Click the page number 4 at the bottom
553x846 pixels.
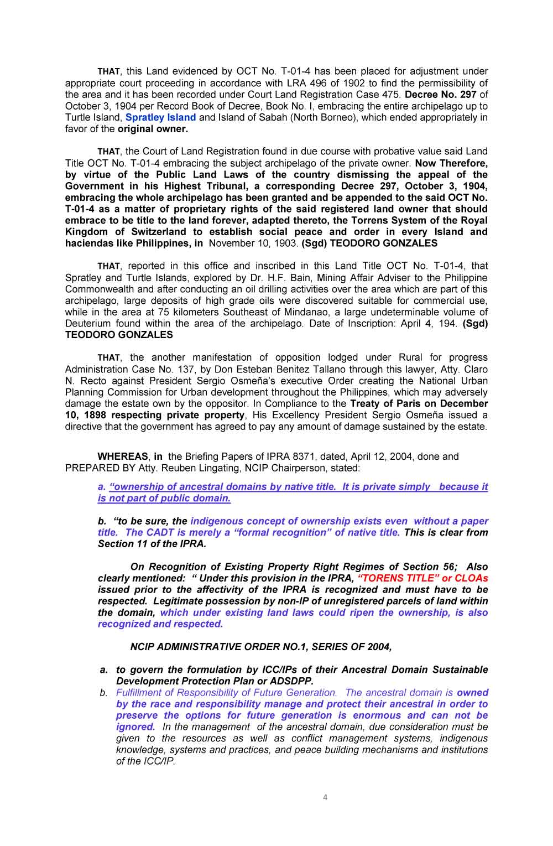325,797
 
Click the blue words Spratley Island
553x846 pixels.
160,117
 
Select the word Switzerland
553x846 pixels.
159,232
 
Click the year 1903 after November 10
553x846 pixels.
285,243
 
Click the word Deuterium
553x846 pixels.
89,324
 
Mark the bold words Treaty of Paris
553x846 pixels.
385,404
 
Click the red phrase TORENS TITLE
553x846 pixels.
398,578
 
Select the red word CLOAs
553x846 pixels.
471,578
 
